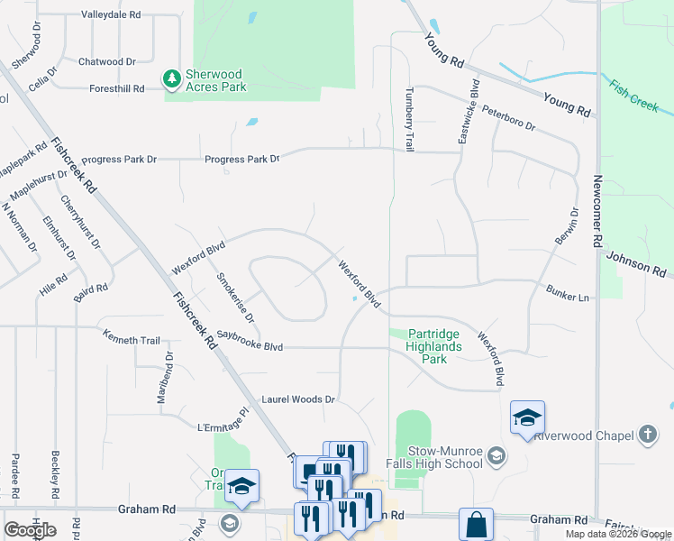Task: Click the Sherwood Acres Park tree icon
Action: [171, 79]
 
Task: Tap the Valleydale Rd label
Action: [111, 15]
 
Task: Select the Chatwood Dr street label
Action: [106, 61]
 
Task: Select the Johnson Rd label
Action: [635, 263]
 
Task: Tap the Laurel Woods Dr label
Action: [298, 399]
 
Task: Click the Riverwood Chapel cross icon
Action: [646, 435]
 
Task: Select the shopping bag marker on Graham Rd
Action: [476, 524]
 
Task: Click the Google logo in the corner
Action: [30, 530]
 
